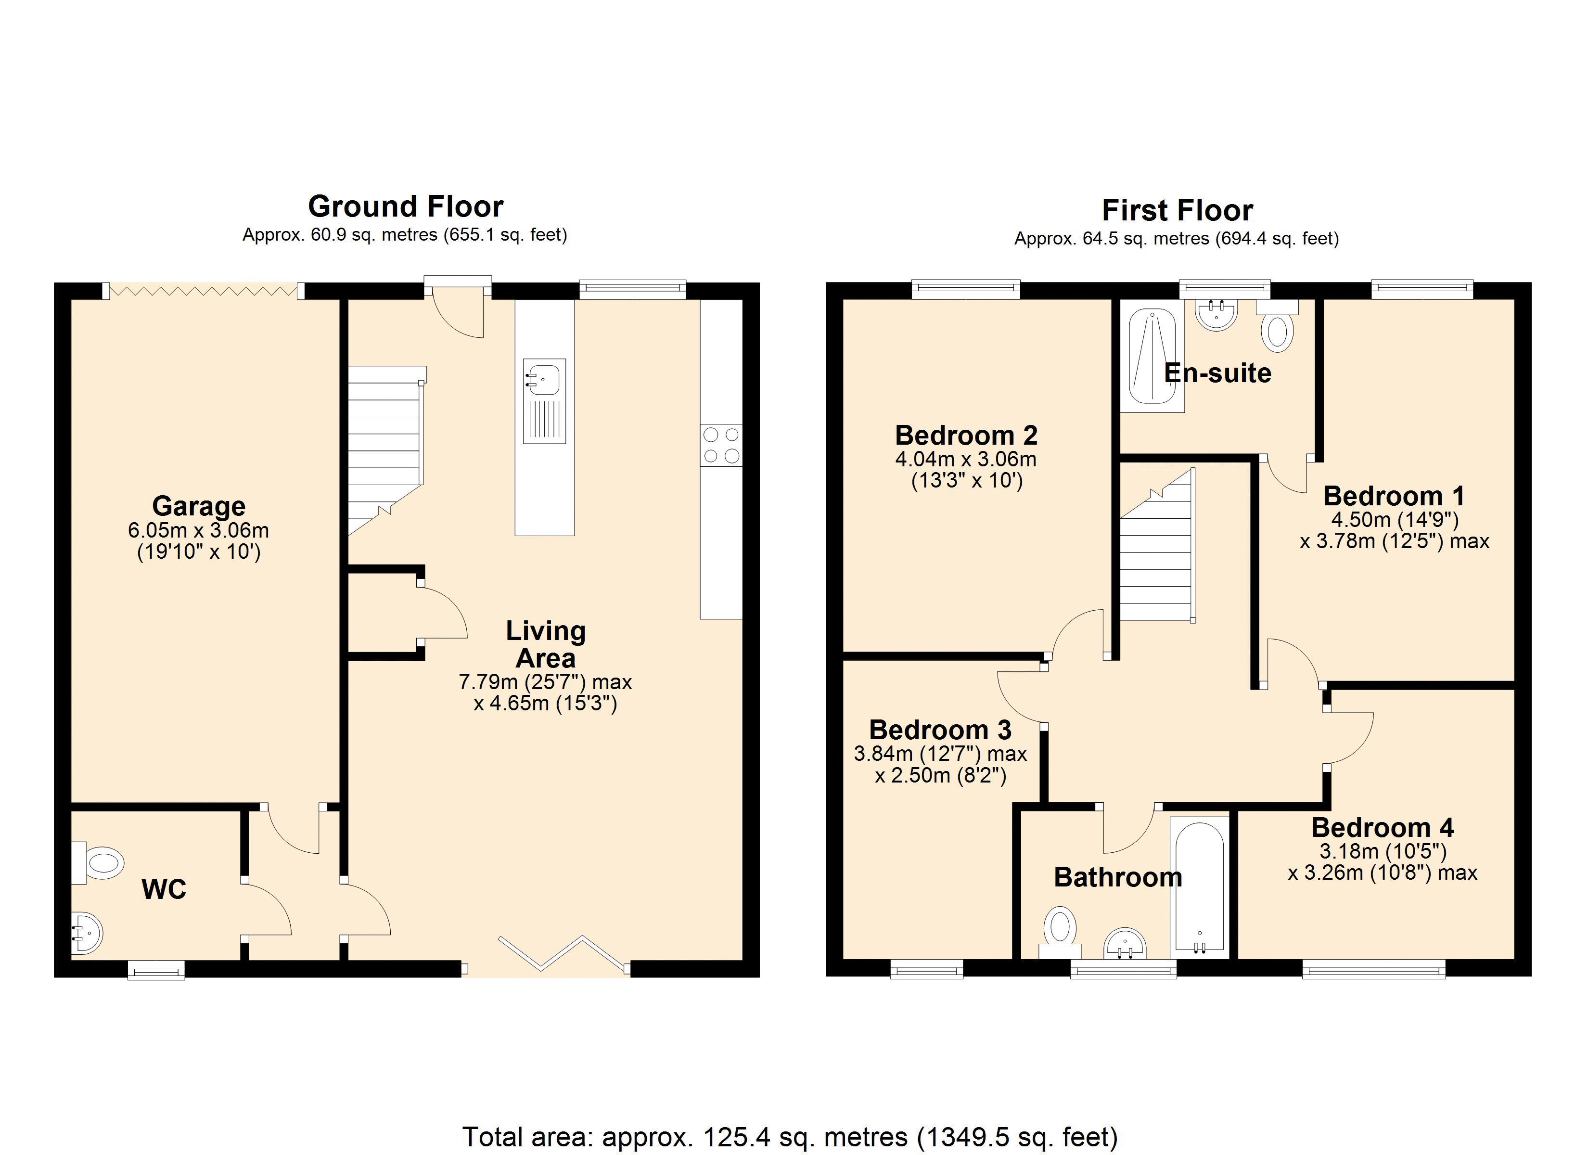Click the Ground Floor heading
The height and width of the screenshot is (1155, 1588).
pyautogui.click(x=405, y=206)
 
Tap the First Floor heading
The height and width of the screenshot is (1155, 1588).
pyautogui.click(x=1177, y=210)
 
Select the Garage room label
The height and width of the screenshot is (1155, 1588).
pyautogui.click(x=199, y=506)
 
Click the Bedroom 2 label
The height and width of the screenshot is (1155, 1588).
pyautogui.click(x=965, y=436)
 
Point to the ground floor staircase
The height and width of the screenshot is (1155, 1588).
pyautogui.click(x=384, y=448)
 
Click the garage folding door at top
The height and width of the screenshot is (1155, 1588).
pyautogui.click(x=204, y=290)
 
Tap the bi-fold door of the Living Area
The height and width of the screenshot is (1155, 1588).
pyautogui.click(x=563, y=953)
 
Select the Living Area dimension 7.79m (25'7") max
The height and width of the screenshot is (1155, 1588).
pyautogui.click(x=545, y=681)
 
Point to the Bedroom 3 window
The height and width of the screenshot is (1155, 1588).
pyautogui.click(x=926, y=969)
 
